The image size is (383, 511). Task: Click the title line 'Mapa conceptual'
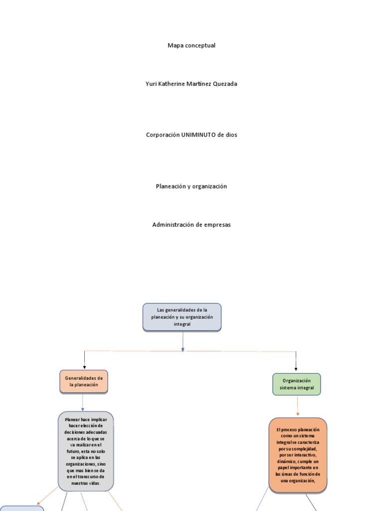tap(191, 45)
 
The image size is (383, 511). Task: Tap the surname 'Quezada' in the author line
tap(224, 84)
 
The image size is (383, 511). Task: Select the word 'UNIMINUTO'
tap(197, 135)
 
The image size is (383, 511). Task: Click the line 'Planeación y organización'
tap(191, 186)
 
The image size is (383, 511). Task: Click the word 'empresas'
tap(217, 225)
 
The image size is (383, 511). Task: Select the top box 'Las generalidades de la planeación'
tap(182, 317)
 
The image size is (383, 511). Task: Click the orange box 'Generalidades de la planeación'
tap(83, 382)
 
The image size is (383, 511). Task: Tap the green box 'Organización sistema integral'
tap(297, 384)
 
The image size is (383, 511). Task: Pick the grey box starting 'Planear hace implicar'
tap(86, 451)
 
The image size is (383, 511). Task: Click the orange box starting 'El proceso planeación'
tap(298, 455)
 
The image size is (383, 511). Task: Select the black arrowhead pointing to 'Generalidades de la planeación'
tap(84, 367)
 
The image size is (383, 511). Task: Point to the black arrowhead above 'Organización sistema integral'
tap(296, 369)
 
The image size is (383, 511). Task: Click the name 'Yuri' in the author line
tap(151, 84)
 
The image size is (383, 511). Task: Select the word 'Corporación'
tap(162, 135)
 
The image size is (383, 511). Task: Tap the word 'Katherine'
tap(173, 84)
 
